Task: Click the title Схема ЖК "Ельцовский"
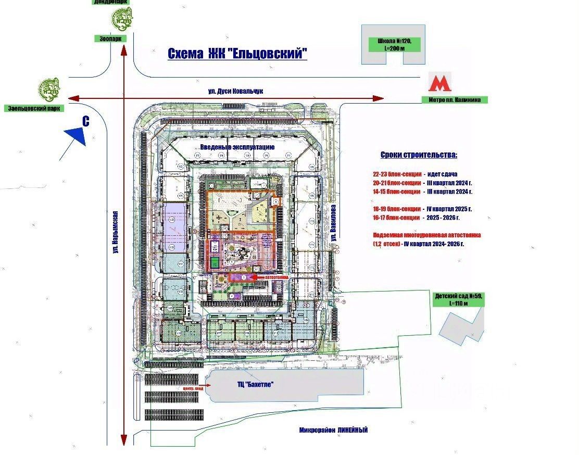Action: pyautogui.click(x=237, y=54)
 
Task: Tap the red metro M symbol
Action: pyautogui.click(x=439, y=84)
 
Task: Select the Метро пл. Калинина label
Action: pyautogui.click(x=455, y=99)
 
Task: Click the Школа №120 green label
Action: pyautogui.click(x=394, y=44)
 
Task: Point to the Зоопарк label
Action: pyautogui.click(x=107, y=39)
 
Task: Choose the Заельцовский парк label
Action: pyautogui.click(x=33, y=108)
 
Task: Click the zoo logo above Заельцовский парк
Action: pyautogui.click(x=49, y=89)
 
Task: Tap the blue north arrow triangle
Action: pyautogui.click(x=76, y=135)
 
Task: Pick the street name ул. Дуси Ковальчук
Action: pyautogui.click(x=235, y=91)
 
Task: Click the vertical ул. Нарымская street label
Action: pyautogui.click(x=116, y=232)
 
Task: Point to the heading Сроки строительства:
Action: pyautogui.click(x=419, y=155)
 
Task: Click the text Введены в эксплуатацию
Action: pyautogui.click(x=237, y=147)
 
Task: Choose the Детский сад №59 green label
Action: pyautogui.click(x=459, y=299)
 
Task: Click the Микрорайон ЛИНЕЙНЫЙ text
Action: pyautogui.click(x=333, y=430)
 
